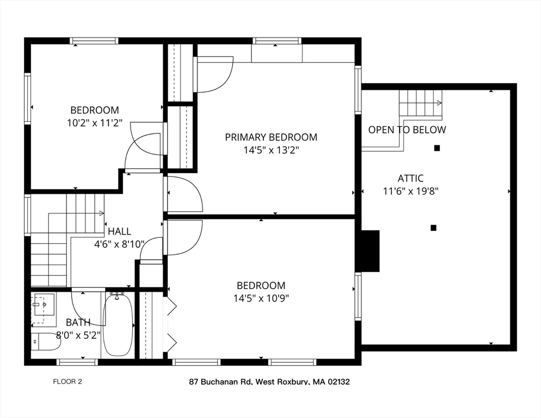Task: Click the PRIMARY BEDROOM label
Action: click(x=271, y=137)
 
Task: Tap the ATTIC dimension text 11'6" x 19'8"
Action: click(x=411, y=191)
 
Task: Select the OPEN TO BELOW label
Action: click(x=407, y=130)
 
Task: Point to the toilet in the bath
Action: click(x=46, y=342)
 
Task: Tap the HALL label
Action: click(x=119, y=231)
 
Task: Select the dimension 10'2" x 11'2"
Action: click(x=94, y=123)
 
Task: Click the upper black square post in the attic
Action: click(x=437, y=147)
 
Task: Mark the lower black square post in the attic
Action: click(x=433, y=228)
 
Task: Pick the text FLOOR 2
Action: click(x=67, y=382)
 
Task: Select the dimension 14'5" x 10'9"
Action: click(x=261, y=298)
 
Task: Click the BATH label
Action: click(x=78, y=322)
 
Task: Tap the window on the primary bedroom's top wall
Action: click(x=277, y=41)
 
